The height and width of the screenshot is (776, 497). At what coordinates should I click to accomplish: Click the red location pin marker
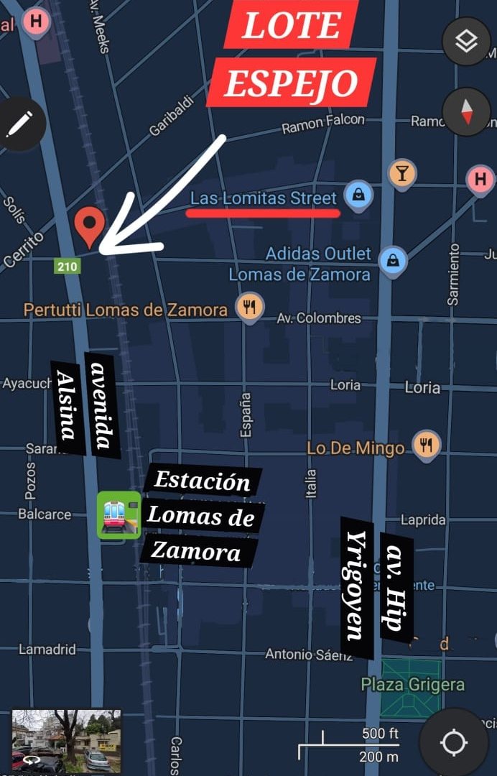[90, 226]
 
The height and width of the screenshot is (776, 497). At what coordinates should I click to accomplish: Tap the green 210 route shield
[67, 267]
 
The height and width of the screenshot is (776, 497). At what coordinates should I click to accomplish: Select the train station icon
[119, 514]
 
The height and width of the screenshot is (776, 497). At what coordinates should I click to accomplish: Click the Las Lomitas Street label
[263, 198]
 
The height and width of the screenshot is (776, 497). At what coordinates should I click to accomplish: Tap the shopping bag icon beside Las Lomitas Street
[358, 193]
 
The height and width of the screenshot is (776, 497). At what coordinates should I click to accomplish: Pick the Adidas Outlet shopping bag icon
[393, 260]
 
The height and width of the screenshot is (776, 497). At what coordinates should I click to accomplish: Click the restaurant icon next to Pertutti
[249, 308]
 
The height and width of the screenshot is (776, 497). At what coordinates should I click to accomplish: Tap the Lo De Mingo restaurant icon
[425, 445]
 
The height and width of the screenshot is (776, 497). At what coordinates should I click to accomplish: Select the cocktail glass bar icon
[401, 173]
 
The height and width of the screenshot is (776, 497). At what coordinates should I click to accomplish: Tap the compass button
[466, 112]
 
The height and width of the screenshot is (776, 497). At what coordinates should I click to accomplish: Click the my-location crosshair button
[454, 742]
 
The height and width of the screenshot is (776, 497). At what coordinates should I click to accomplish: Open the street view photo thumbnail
[66, 740]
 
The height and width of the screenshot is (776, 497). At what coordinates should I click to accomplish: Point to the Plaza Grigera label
[412, 685]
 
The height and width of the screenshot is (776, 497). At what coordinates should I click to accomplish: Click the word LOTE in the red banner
[291, 26]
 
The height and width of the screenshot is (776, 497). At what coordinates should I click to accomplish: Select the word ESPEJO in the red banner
[291, 84]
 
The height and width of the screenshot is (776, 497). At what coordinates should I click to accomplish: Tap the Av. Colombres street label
[319, 318]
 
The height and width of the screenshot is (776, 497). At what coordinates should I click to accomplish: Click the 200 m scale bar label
[378, 756]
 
